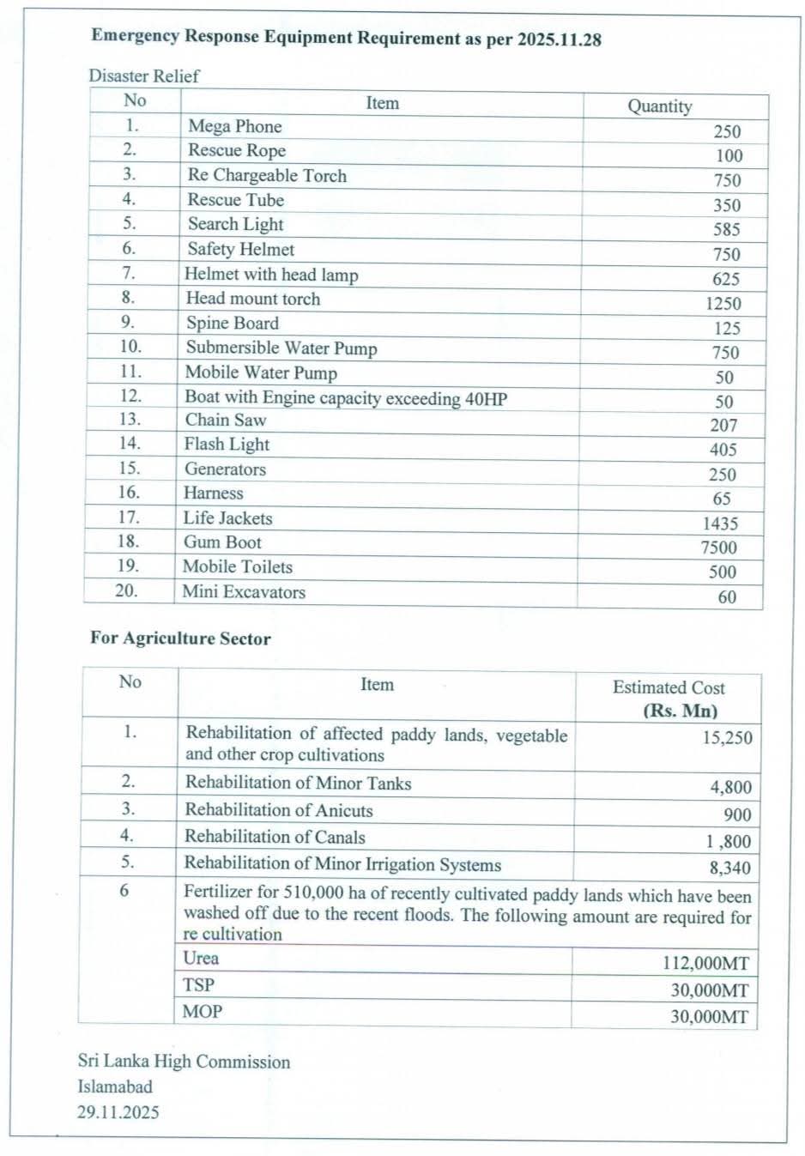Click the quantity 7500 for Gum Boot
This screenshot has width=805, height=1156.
pyautogui.click(x=718, y=548)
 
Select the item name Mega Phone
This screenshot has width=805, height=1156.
pyautogui.click(x=234, y=126)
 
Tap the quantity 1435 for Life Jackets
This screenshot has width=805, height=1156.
pyautogui.click(x=720, y=524)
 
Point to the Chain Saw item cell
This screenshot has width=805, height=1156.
pyautogui.click(x=226, y=420)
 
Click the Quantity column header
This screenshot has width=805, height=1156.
pyautogui.click(x=659, y=106)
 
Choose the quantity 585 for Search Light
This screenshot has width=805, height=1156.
pyautogui.click(x=726, y=229)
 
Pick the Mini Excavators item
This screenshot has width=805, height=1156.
pyautogui.click(x=244, y=592)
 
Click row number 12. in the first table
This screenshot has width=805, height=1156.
pyautogui.click(x=130, y=396)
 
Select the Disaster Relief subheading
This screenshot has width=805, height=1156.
pyautogui.click(x=143, y=76)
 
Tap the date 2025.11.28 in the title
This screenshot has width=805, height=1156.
pyautogui.click(x=559, y=39)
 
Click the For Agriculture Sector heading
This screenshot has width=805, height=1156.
pyautogui.click(x=180, y=639)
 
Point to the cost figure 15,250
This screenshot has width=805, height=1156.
pyautogui.click(x=727, y=738)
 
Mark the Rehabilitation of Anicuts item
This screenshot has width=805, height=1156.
pyautogui.click(x=279, y=810)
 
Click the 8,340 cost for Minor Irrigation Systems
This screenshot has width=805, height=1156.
pyautogui.click(x=729, y=868)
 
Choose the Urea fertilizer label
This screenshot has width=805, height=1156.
pyautogui.click(x=201, y=959)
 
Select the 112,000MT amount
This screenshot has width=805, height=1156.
pyautogui.click(x=705, y=964)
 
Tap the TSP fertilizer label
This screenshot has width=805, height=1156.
pyautogui.click(x=198, y=985)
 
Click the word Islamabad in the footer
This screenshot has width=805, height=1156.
pyautogui.click(x=115, y=1086)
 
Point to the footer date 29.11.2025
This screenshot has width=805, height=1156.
pyautogui.click(x=118, y=1112)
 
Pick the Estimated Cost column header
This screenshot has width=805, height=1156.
pyautogui.click(x=669, y=687)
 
